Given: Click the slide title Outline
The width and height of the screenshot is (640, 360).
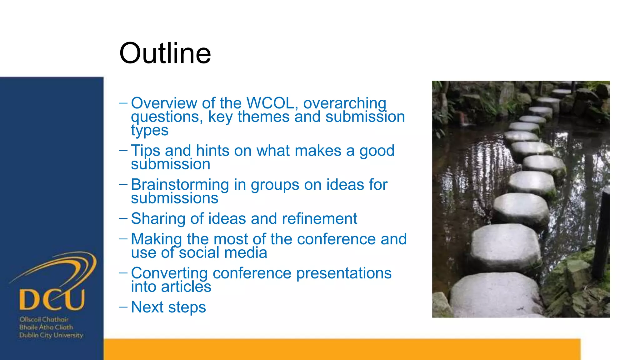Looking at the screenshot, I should click(165, 53).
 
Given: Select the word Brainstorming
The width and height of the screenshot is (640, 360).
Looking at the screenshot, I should click(180, 185).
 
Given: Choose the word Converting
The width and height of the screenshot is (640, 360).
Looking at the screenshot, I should click(169, 273).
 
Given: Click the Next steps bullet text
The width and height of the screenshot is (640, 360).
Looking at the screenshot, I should click(168, 307).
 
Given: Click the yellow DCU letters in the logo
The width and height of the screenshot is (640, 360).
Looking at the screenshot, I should click(52, 299).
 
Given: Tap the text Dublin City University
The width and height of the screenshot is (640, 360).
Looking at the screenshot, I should click(51, 335).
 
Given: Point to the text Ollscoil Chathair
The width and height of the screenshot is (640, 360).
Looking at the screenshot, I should click(44, 319).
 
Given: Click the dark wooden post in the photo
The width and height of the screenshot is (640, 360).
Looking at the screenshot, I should click(602, 234).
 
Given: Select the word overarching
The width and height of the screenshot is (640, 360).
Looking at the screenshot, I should click(345, 103).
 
